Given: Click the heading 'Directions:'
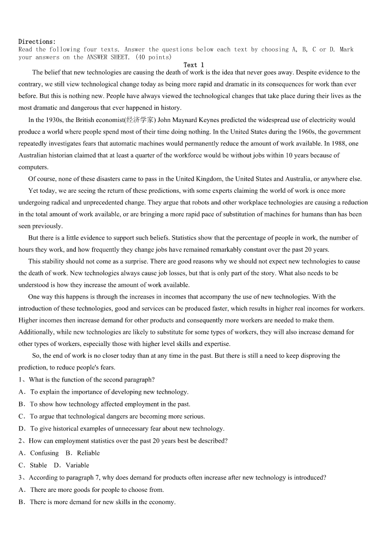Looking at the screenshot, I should point(37,41).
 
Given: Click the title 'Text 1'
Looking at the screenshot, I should point(194,65).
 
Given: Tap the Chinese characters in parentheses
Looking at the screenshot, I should point(140,120).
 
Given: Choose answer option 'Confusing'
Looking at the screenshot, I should point(44,453).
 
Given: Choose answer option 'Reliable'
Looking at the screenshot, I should point(88,453).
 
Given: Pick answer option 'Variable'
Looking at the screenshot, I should point(77,465).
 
